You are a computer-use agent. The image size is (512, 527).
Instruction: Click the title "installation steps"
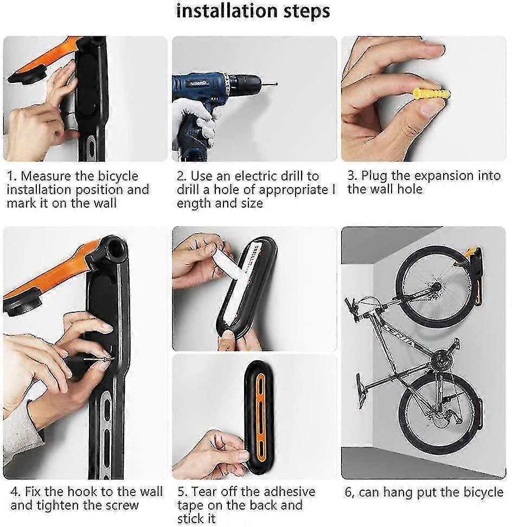point(253,11)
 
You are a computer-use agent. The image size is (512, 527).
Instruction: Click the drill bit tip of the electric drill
point(274,84)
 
